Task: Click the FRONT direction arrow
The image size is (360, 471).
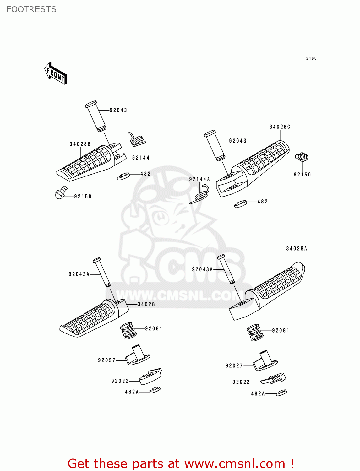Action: click(x=56, y=73)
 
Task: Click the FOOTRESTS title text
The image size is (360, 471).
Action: click(x=31, y=9)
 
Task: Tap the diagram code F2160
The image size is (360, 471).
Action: click(x=310, y=58)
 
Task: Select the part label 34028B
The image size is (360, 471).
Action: click(x=80, y=144)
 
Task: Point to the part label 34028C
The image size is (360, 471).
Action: click(x=280, y=127)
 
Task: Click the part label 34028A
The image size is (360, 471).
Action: click(x=297, y=249)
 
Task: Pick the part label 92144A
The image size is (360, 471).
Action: click(x=199, y=179)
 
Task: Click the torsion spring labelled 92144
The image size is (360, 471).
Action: click(x=137, y=140)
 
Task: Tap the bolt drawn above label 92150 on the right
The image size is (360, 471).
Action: click(x=302, y=157)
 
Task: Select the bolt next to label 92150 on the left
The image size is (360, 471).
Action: click(x=61, y=192)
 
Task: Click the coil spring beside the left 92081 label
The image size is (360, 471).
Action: click(x=128, y=331)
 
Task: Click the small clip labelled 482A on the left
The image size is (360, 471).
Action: click(x=155, y=390)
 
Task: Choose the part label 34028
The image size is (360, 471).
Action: click(x=146, y=304)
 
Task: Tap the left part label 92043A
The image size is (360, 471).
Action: click(x=79, y=274)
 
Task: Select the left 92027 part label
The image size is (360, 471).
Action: click(x=107, y=360)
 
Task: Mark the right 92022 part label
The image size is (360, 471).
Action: click(x=241, y=382)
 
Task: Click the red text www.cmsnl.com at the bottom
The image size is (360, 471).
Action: click(x=234, y=463)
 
